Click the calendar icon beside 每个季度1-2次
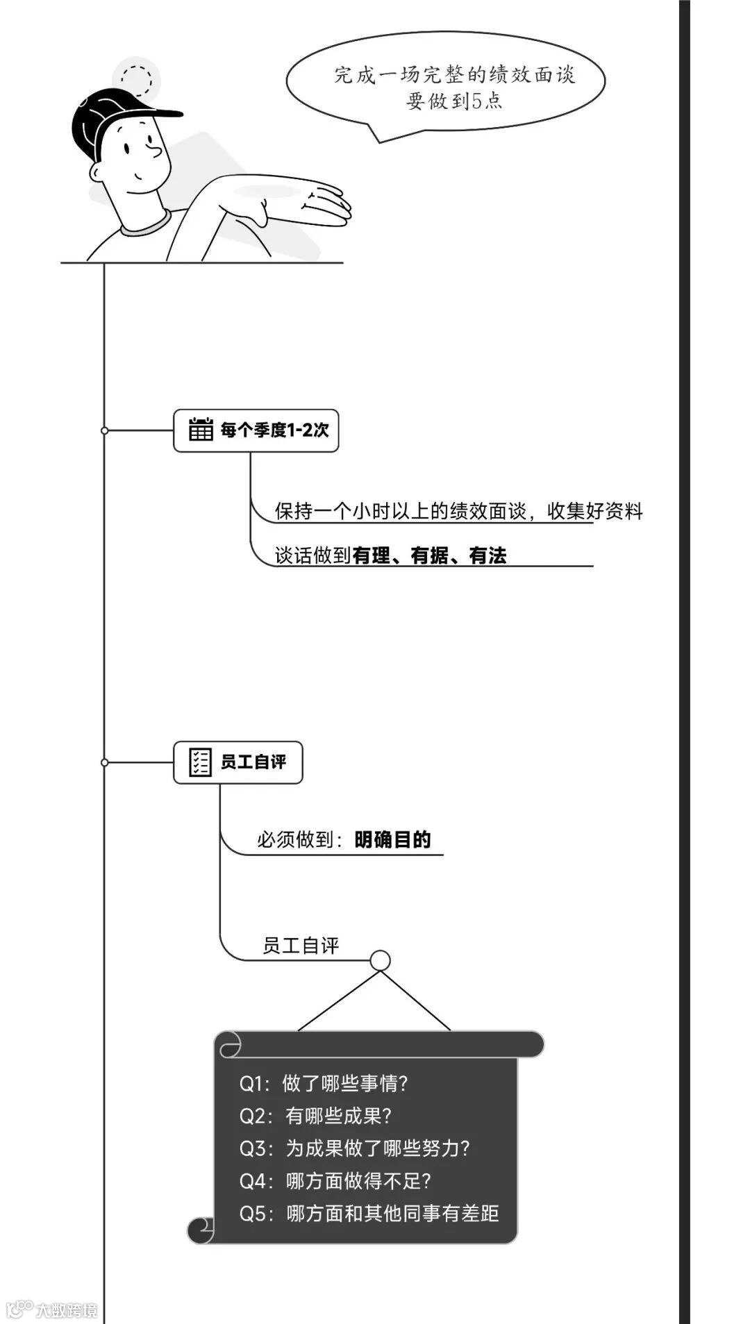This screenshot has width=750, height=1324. coord(201,429)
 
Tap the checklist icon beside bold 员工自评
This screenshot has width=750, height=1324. coord(201,762)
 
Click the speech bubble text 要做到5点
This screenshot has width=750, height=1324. coord(454,101)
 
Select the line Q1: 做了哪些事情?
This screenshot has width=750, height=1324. coord(324,1083)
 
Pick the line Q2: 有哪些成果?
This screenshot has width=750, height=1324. coord(315,1116)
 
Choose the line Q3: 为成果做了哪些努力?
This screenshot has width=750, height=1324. coord(354,1148)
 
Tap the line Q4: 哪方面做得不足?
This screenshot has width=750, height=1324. coord(335,1181)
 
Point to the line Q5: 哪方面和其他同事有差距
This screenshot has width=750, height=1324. coord(369,1214)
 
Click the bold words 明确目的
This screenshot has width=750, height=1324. coord(392,839)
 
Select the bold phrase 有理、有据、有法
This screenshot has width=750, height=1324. coord(429,555)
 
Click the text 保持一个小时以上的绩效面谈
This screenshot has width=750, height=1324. coord(401,511)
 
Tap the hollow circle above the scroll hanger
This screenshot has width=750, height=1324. coord(380,960)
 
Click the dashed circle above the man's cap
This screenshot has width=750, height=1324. coord(136,78)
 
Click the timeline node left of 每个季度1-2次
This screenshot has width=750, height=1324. coord(105,430)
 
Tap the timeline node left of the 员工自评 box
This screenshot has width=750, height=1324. coord(105,762)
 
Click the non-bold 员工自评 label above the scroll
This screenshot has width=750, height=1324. coord(301,946)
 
